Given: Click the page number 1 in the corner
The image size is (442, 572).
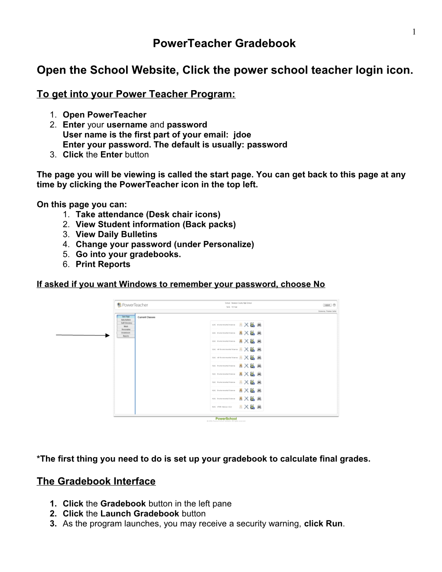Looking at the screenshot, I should click(x=414, y=31).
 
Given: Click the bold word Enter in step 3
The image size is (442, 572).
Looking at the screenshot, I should click(x=111, y=155).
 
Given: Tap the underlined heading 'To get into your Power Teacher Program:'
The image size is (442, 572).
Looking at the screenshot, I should click(x=136, y=94).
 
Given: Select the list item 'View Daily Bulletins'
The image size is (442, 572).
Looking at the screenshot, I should click(x=116, y=234).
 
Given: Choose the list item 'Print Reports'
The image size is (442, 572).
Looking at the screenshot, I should click(x=103, y=264).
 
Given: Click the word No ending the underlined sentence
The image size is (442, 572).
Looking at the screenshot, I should click(x=319, y=284).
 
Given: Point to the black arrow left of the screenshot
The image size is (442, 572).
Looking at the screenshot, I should click(x=83, y=335).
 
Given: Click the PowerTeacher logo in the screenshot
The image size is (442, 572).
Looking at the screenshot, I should click(x=133, y=305).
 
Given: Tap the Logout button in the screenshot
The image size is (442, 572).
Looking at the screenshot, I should click(x=327, y=305).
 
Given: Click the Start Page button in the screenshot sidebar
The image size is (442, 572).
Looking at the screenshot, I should click(x=126, y=316).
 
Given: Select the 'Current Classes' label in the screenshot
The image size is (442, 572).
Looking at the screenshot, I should click(x=146, y=317).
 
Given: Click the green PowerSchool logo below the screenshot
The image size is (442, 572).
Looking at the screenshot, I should click(x=226, y=419).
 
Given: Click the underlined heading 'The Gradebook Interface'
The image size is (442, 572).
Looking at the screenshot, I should click(x=96, y=481).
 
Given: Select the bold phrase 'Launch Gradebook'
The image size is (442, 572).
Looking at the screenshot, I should click(x=140, y=513).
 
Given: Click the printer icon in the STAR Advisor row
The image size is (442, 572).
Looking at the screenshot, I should click(x=259, y=407).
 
